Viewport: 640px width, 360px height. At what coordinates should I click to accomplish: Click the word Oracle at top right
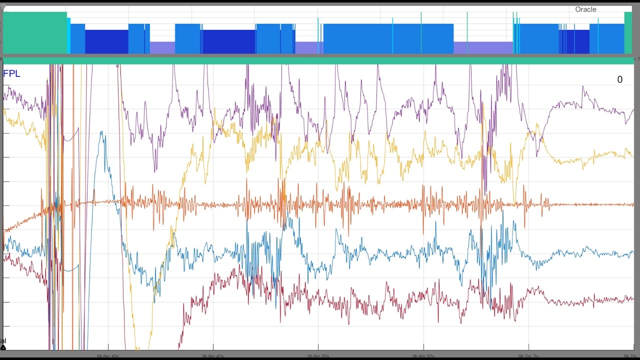pyautogui.click(x=585, y=9)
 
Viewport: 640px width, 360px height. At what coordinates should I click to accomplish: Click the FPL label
pyautogui.click(x=11, y=74)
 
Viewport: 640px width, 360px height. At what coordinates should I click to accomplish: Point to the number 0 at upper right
pyautogui.click(x=620, y=80)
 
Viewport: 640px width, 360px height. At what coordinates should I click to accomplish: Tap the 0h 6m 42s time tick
pyautogui.click(x=107, y=356)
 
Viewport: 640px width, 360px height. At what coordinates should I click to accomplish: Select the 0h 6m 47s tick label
pyautogui.click(x=212, y=356)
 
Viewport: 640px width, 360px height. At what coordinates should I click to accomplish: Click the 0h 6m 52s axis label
pyautogui.click(x=318, y=356)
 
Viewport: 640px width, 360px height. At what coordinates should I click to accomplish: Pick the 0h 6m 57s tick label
pyautogui.click(x=423, y=356)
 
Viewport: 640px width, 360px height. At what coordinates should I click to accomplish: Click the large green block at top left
pyautogui.click(x=34, y=32)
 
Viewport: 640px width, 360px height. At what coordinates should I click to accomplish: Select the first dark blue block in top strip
pyautogui.click(x=106, y=41)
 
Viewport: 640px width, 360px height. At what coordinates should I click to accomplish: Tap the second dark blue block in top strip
pyautogui.click(x=228, y=41)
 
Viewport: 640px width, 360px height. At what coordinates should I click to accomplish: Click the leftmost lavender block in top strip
pyautogui.click(x=162, y=47)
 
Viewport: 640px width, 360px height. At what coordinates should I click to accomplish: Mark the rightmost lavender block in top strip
pyautogui.click(x=483, y=47)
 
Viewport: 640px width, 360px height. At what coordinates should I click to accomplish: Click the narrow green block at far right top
pyautogui.click(x=628, y=32)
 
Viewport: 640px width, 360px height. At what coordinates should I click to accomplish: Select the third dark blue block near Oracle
pyautogui.click(x=575, y=41)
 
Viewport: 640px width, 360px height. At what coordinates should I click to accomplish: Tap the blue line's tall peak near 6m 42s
pyautogui.click(x=101, y=132)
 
